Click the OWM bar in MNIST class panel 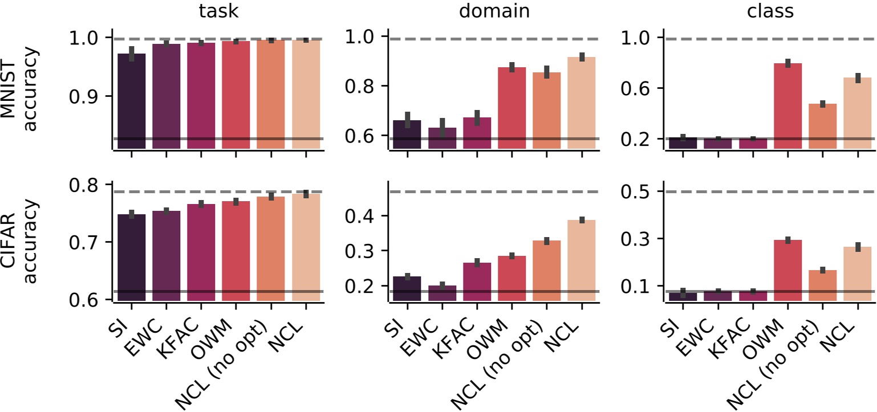point(787,106)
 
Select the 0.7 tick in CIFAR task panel point(91,242)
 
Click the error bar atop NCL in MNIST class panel point(856,78)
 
